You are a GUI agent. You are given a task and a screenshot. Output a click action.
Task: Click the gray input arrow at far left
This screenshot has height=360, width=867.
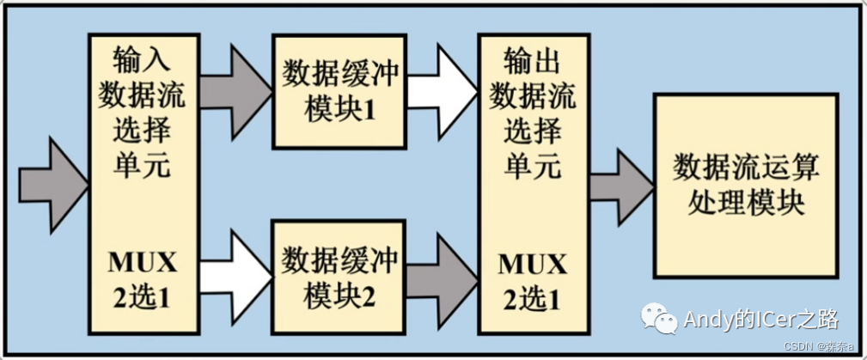(52, 181)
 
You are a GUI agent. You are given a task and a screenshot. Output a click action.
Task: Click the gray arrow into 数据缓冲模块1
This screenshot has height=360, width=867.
(234, 86)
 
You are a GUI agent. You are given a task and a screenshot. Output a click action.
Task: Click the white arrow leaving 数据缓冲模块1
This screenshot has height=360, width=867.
(442, 86)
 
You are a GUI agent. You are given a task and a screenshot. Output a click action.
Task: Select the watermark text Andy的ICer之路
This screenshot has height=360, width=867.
(760, 320)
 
